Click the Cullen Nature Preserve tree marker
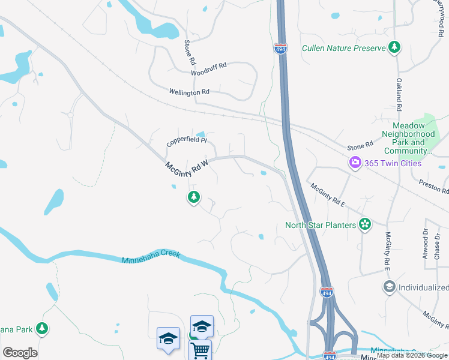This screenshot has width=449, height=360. (394, 47)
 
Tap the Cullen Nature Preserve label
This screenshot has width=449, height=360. (343, 48)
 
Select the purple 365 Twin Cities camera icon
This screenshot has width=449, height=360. (355, 163)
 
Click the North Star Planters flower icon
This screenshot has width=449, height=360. (364, 225)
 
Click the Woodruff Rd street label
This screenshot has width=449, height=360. (208, 68)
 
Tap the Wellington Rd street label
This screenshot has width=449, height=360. (189, 92)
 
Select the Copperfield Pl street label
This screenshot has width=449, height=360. (187, 142)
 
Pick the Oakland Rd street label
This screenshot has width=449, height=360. (398, 94)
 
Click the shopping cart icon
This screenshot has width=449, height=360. (200, 350)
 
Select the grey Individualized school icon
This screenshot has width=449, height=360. (389, 287)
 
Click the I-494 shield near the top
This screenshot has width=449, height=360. (281, 48)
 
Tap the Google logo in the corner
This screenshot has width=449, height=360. (20, 353)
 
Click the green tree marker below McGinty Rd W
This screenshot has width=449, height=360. (193, 197)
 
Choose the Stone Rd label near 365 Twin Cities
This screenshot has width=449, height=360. (360, 146)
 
